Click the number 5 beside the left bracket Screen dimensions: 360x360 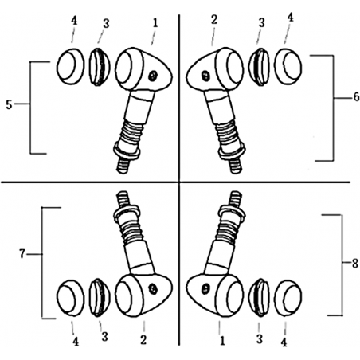[x=9, y=105]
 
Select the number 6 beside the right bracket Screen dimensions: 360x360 [x=356, y=97]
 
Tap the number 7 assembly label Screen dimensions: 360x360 [x=22, y=254]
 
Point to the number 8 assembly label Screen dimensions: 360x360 [x=354, y=264]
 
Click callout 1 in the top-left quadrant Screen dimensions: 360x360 [x=155, y=23]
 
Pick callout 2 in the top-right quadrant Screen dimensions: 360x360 [x=214, y=20]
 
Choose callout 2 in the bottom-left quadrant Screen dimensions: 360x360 [x=143, y=339]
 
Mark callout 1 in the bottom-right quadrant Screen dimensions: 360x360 [x=222, y=341]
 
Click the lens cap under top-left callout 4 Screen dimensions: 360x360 [x=70, y=66]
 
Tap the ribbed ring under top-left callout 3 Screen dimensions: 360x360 [x=100, y=67]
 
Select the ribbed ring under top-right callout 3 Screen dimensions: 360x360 [x=259, y=66]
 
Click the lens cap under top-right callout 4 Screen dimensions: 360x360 [x=288, y=66]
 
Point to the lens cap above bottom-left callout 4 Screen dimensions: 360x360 [x=70, y=298]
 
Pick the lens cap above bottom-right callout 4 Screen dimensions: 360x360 [x=288, y=298]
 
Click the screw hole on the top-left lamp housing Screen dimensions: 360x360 [x=152, y=76]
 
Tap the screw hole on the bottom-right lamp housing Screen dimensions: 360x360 [x=205, y=288]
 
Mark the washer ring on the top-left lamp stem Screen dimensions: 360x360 [x=127, y=151]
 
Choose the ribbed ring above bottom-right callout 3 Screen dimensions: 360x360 [x=259, y=298]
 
